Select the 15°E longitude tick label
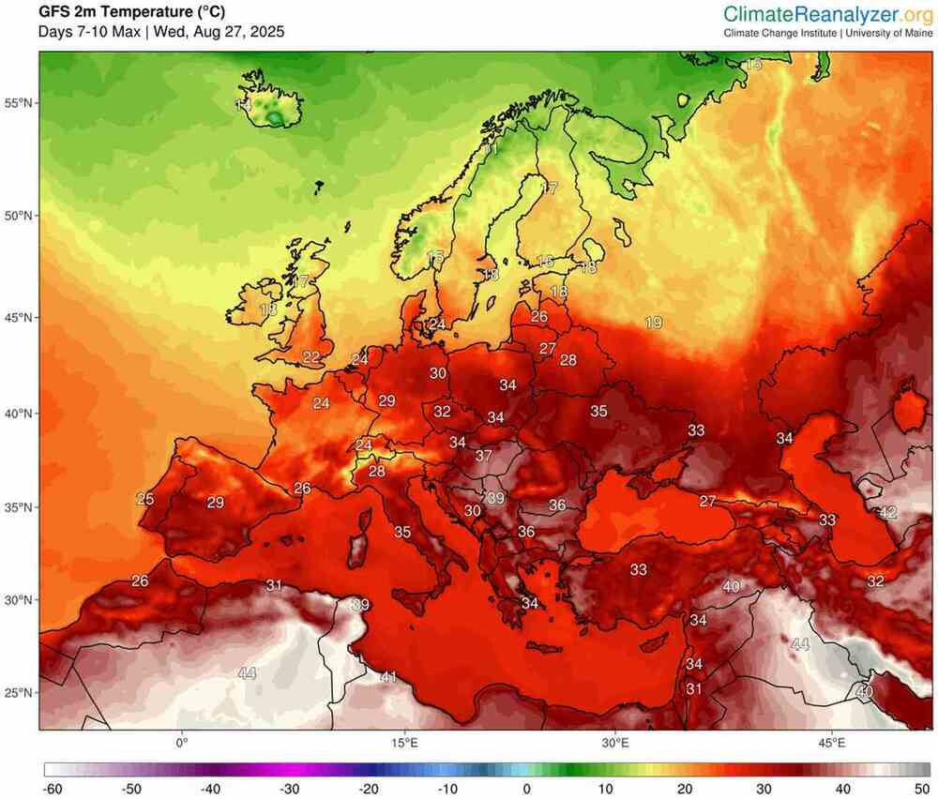coord(404,743)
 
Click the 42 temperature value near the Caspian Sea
coord(887,513)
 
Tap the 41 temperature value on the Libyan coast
coord(389,676)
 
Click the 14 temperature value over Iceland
coord(244,106)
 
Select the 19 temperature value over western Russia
coord(654,323)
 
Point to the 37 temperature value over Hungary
coord(484,456)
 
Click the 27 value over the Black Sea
coord(707,502)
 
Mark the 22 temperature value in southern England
coord(310,356)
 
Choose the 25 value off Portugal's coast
coord(144,499)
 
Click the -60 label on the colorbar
coord(53,789)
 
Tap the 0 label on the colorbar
coord(528,789)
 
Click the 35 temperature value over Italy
coord(402,532)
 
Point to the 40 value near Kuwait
coord(864,691)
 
